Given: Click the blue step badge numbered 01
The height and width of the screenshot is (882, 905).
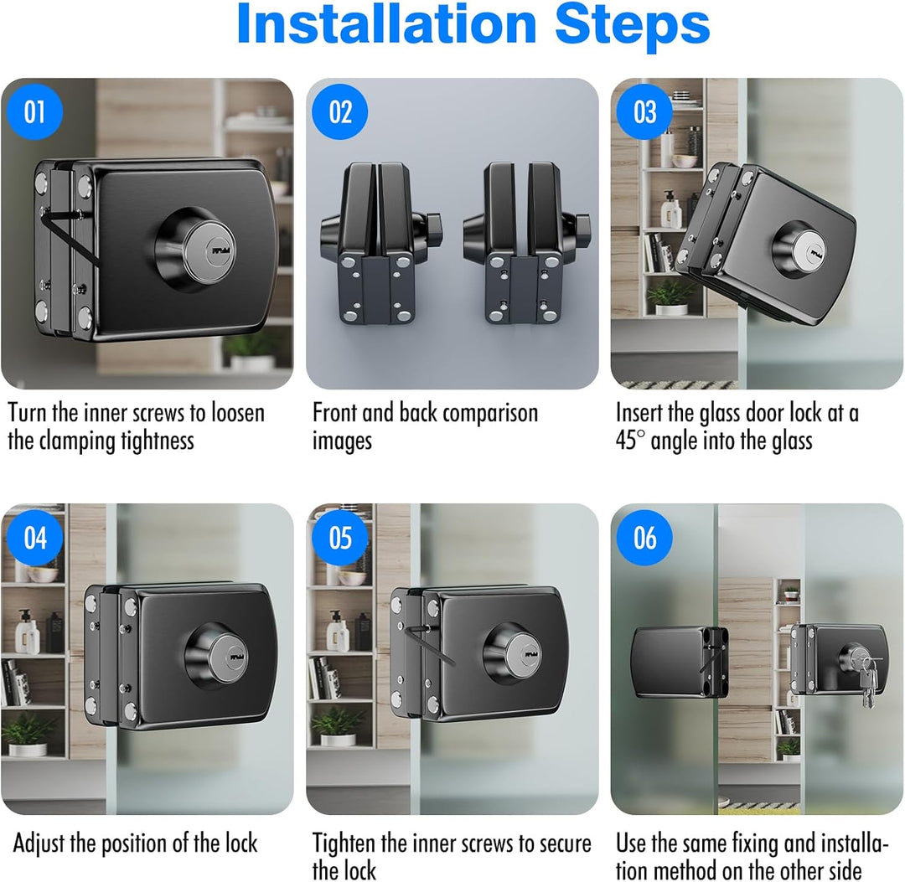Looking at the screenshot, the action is pyautogui.click(x=34, y=111).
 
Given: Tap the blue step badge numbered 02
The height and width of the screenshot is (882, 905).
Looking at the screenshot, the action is pyautogui.click(x=340, y=111).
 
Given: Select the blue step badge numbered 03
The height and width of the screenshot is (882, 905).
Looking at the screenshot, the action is pyautogui.click(x=644, y=111).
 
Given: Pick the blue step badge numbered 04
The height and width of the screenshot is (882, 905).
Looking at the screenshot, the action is pyautogui.click(x=34, y=538).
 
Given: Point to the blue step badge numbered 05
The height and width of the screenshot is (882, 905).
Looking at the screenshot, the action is pyautogui.click(x=340, y=538).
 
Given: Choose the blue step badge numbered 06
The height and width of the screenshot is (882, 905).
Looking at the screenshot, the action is pyautogui.click(x=644, y=538).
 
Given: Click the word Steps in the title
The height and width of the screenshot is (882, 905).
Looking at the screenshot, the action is pyautogui.click(x=632, y=24).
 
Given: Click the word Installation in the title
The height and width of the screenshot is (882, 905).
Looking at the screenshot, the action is pyautogui.click(x=386, y=23).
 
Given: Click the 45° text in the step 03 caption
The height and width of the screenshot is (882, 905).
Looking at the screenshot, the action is pyautogui.click(x=630, y=441).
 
